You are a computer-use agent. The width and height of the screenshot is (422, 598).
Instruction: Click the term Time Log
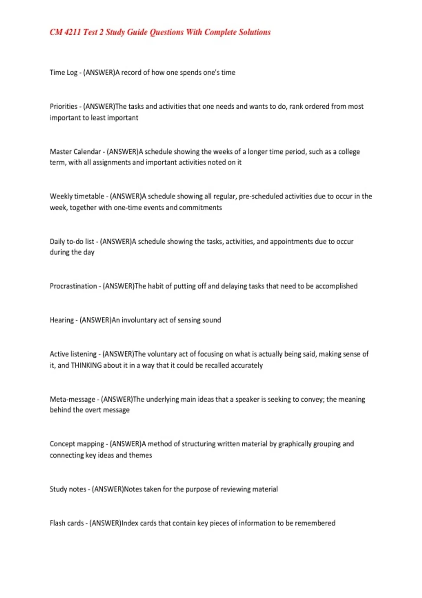(x=63, y=72)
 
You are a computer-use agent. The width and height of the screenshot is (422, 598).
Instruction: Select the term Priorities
(x=63, y=106)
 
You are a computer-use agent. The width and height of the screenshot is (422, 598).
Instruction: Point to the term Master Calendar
(x=75, y=152)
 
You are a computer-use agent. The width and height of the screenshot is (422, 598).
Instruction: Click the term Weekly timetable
(x=77, y=196)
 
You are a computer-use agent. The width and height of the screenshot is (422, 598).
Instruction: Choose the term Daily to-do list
(x=72, y=242)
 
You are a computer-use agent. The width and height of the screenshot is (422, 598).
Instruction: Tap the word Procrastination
(x=73, y=286)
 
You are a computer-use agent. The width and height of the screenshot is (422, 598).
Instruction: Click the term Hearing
(x=62, y=320)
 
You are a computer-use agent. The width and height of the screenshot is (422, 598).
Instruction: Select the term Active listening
(x=73, y=354)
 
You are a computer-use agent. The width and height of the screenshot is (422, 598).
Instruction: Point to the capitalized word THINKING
(x=86, y=365)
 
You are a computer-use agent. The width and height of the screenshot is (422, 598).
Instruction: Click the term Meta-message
(x=72, y=399)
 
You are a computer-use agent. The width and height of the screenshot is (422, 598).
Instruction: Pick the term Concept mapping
(x=77, y=444)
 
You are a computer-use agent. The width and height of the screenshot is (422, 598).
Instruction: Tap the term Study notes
(x=68, y=489)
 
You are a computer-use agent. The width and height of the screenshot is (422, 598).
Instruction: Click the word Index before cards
(x=130, y=523)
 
